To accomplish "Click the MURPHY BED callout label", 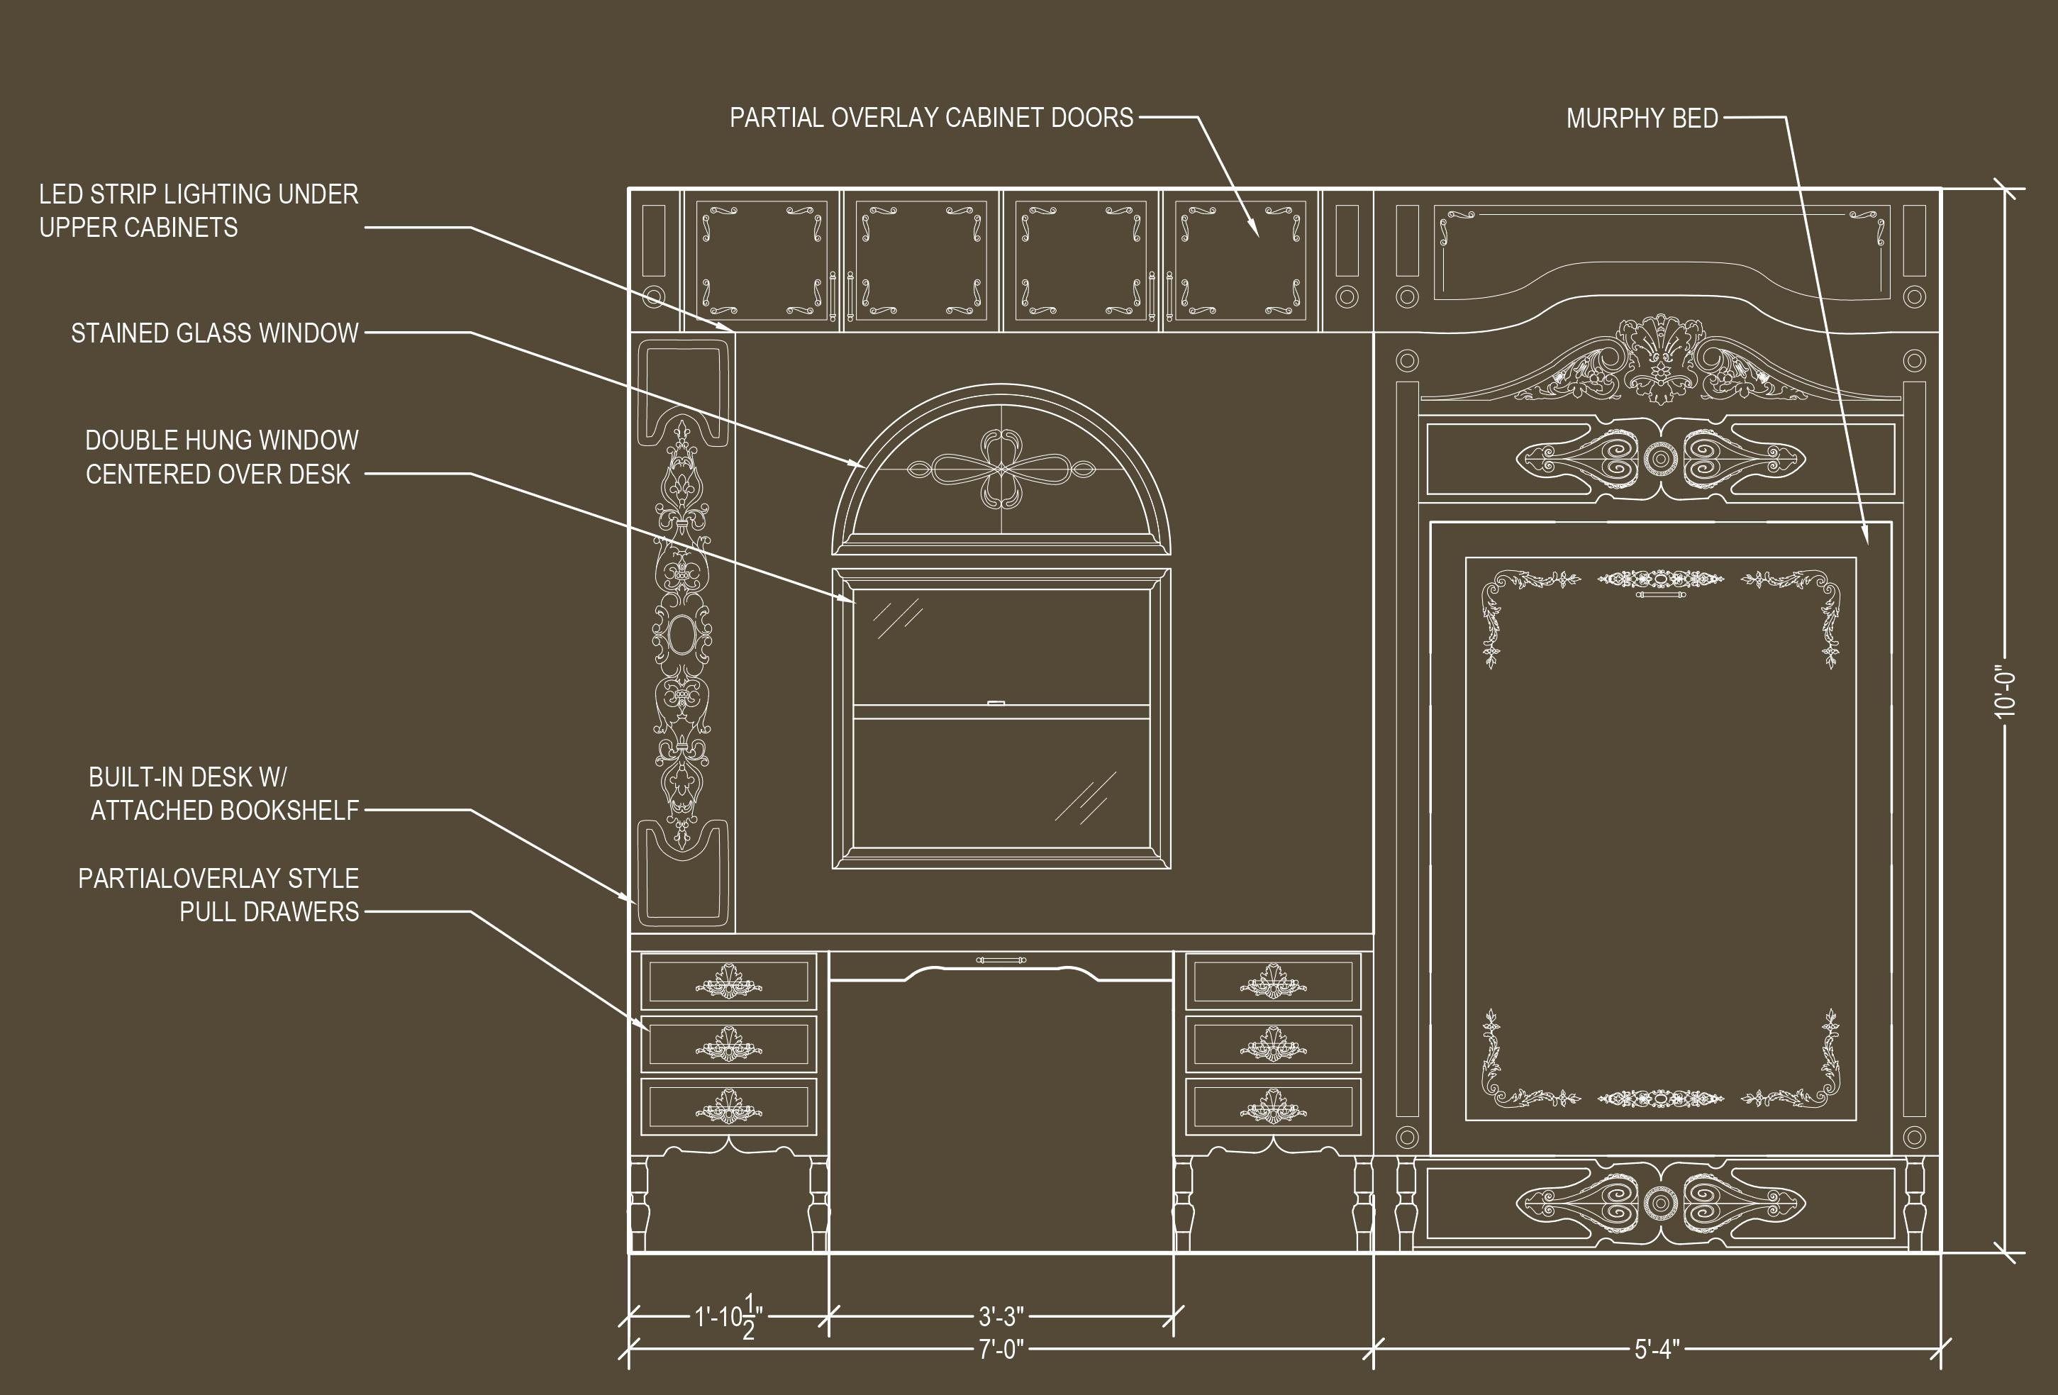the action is [x=1642, y=118].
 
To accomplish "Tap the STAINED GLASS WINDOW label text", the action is [x=214, y=333].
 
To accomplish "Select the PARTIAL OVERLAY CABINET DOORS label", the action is [x=930, y=118].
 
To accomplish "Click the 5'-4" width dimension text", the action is [x=1657, y=1349].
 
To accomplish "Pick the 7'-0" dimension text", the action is [x=1001, y=1349].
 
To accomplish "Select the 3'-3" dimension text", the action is [x=1001, y=1316].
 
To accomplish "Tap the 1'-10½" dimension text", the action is [x=728, y=1317].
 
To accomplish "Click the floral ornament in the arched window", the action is [x=1001, y=469].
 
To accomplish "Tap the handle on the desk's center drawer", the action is [x=1001, y=960].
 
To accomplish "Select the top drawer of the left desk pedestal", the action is [x=728, y=982].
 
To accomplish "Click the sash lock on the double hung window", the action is [x=996, y=704].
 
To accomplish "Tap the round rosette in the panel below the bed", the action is [x=1660, y=1203].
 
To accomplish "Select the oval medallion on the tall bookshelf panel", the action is [x=682, y=634].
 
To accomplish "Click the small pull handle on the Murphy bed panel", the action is [x=1660, y=594].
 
